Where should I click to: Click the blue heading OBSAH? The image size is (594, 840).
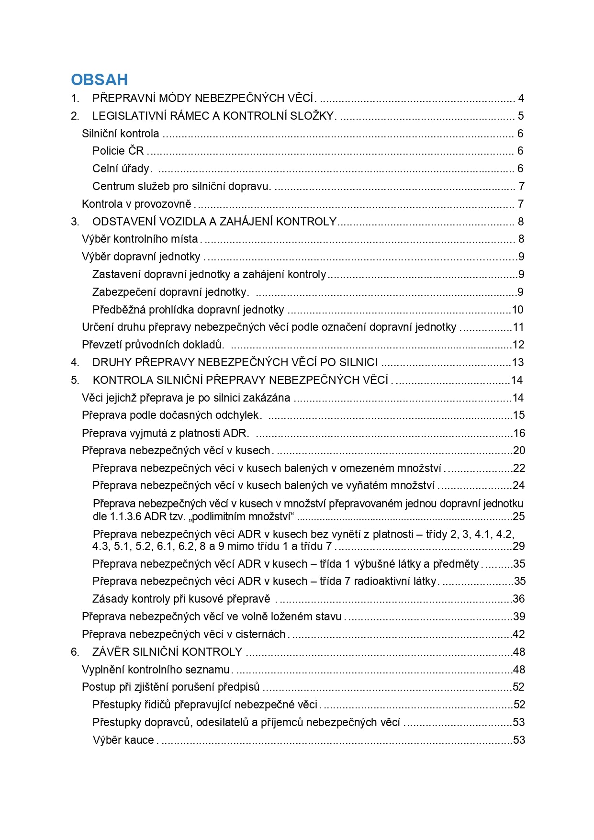(x=100, y=79)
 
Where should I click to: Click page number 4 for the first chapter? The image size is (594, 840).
(x=521, y=99)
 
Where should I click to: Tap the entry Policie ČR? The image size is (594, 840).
(x=118, y=151)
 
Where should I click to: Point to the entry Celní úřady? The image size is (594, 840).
(x=122, y=169)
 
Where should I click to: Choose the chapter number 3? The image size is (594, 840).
(x=74, y=222)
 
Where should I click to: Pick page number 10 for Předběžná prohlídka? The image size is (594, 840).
(x=517, y=310)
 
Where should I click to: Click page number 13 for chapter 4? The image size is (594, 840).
(x=518, y=363)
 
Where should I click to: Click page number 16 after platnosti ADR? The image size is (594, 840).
(x=519, y=434)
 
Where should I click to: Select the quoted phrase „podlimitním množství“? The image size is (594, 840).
(x=243, y=517)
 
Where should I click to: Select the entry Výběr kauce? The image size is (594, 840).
(x=123, y=740)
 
